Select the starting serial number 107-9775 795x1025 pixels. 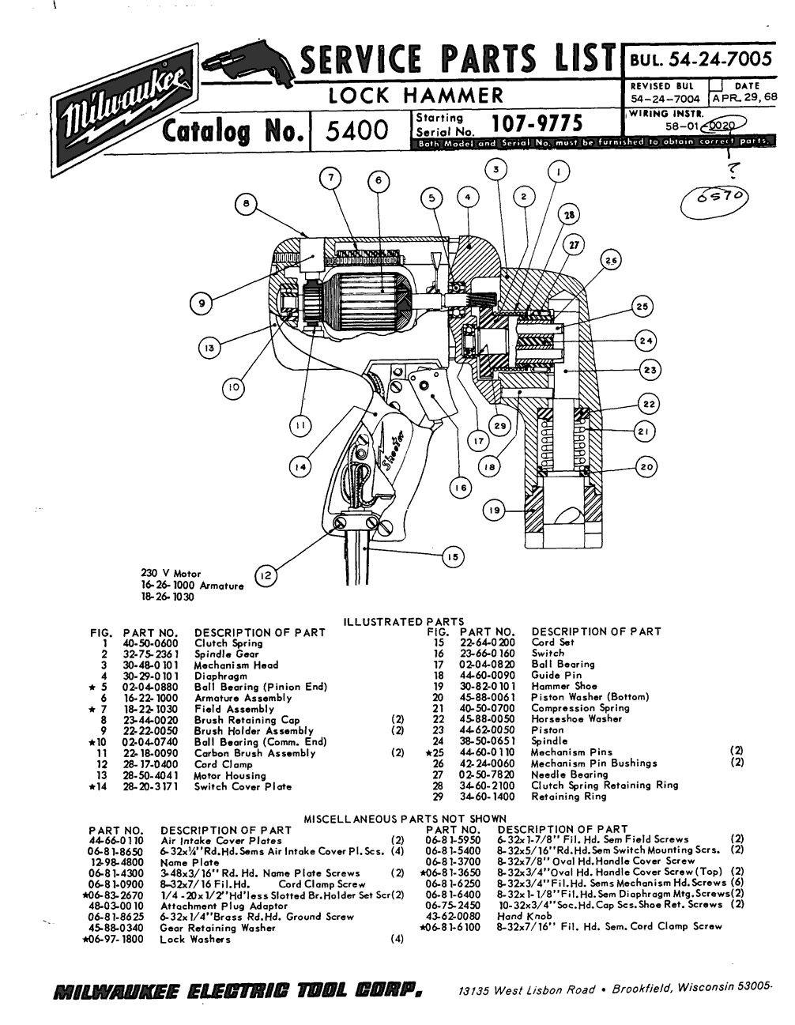[537, 124]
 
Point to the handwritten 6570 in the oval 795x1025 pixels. [714, 199]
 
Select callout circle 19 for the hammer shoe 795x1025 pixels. [495, 511]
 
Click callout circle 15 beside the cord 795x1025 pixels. [452, 557]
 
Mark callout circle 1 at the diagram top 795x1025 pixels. [560, 171]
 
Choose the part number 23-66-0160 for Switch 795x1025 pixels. [487, 654]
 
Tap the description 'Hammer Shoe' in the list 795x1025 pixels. [564, 687]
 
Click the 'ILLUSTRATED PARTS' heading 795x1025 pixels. [403, 622]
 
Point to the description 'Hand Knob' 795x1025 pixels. [521, 916]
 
